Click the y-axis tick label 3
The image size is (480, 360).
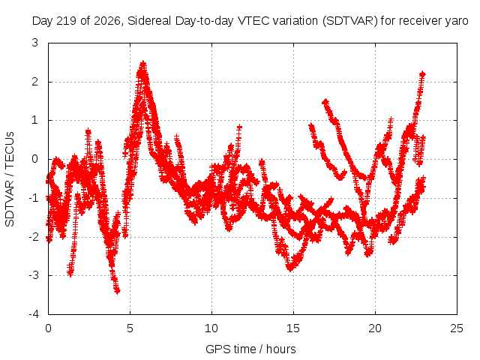tap(35, 43)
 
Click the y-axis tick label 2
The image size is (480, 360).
tap(35, 82)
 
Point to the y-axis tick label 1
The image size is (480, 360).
tap(35, 120)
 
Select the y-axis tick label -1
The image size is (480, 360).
tap(33, 198)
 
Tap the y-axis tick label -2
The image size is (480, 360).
tap(33, 237)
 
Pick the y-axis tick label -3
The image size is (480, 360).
tap(33, 275)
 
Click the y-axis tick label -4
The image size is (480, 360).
tap(33, 314)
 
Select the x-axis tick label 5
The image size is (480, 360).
tap(130, 328)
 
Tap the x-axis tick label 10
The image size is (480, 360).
tap(211, 328)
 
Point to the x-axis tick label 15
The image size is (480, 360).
tap(293, 328)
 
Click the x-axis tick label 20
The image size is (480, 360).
tap(375, 328)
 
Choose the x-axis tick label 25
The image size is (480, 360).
tap(457, 328)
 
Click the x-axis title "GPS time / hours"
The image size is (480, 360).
tap(250, 349)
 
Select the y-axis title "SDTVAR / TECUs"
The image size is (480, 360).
tap(10, 179)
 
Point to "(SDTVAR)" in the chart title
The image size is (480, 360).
tap(350, 21)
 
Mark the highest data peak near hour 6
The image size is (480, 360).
tap(143, 64)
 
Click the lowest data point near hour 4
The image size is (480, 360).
tap(118, 291)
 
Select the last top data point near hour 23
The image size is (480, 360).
tap(423, 74)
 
